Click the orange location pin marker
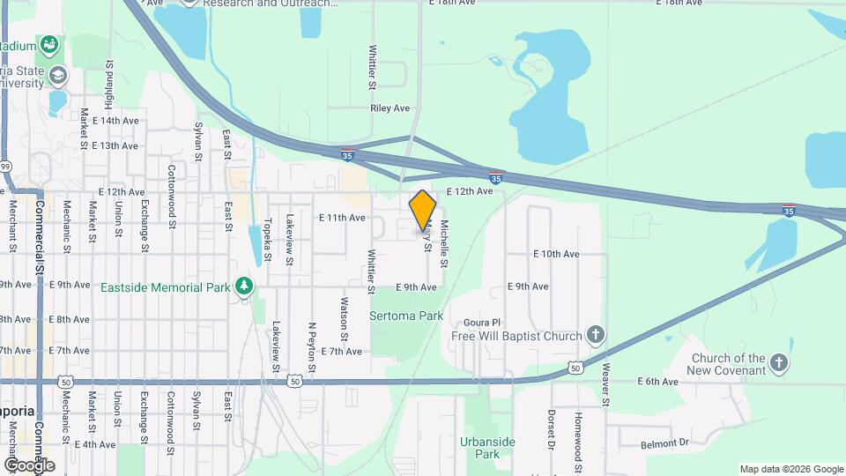tap(423, 210)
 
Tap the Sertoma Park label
tap(405, 316)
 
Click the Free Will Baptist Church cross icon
tap(596, 335)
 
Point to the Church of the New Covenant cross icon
tap(778, 363)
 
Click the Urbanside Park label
tap(486, 448)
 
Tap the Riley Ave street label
tap(390, 108)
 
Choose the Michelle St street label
tap(445, 243)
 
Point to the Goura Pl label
tap(483, 323)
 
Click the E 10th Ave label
tap(556, 254)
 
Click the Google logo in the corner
tap(28, 465)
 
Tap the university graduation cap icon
tap(59, 76)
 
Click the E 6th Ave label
tap(658, 382)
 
